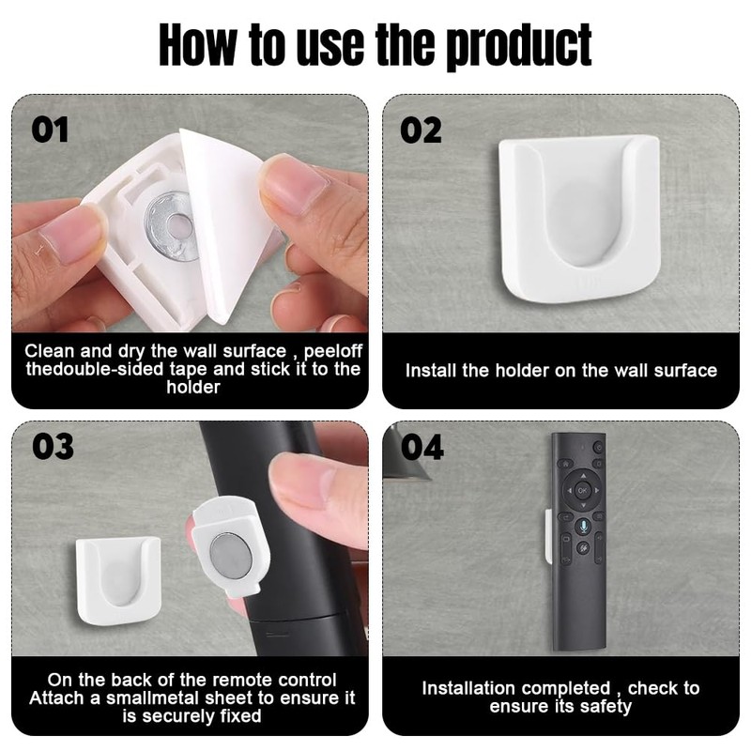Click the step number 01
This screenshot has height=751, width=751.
click(x=51, y=129)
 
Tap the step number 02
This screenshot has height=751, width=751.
click(x=421, y=130)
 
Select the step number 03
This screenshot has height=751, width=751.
click(x=53, y=447)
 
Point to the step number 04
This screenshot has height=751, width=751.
click(x=421, y=447)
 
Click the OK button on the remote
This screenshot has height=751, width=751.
click(x=582, y=490)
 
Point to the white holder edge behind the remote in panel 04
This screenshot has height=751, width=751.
click(x=549, y=536)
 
